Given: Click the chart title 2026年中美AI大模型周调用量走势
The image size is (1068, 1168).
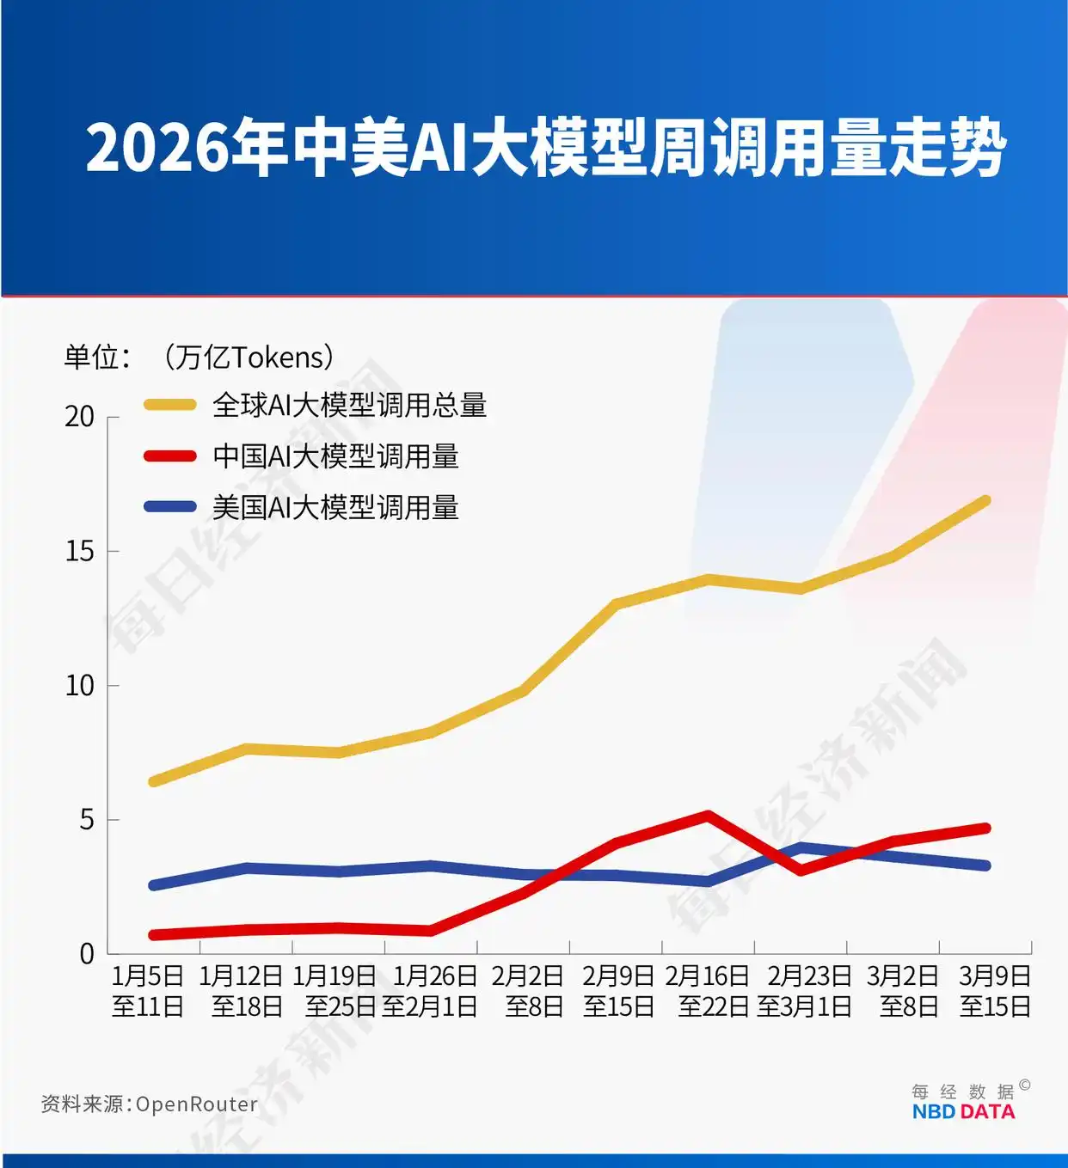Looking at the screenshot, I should pyautogui.click(x=545, y=148).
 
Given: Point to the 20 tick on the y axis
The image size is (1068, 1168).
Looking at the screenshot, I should pyautogui.click(x=80, y=417).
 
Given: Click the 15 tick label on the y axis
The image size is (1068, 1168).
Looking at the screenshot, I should pyautogui.click(x=80, y=551).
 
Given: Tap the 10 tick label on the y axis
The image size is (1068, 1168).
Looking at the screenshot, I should pyautogui.click(x=80, y=686).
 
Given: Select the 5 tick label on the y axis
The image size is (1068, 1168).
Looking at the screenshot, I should pyautogui.click(x=86, y=820).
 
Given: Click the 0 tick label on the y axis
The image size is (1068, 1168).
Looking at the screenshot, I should pyautogui.click(x=86, y=954).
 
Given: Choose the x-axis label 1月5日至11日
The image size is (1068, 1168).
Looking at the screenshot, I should pyautogui.click(x=148, y=991).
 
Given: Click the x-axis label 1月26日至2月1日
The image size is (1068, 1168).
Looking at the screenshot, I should pyautogui.click(x=430, y=991).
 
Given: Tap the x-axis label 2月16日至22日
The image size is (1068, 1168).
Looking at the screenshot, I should pyautogui.click(x=708, y=991).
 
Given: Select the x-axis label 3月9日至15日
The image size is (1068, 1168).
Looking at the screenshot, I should pyautogui.click(x=995, y=991).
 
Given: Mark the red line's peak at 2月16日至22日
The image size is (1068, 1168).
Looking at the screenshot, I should pyautogui.click(x=708, y=815).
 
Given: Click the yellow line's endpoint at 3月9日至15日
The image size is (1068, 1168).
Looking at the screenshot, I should pyautogui.click(x=985, y=501).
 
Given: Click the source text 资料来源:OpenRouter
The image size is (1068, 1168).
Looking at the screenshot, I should pyautogui.click(x=150, y=1104).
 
